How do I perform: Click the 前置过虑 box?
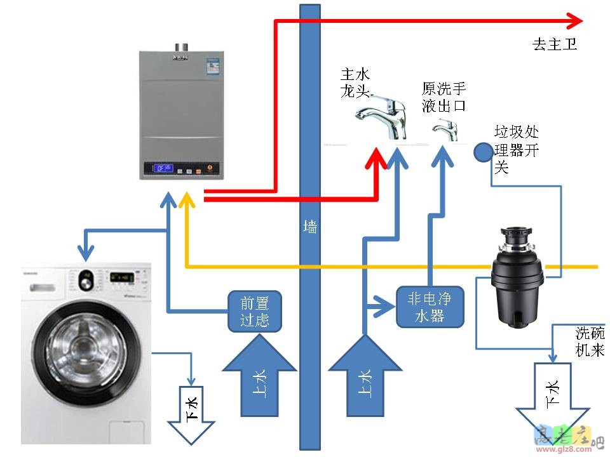click(x=254, y=311)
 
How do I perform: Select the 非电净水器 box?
click(x=430, y=307)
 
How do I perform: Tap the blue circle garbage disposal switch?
click(x=484, y=152)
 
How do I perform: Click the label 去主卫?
click(x=554, y=44)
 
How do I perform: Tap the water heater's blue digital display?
click(x=163, y=168)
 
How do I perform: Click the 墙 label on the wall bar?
click(x=310, y=227)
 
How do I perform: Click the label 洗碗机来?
click(x=590, y=341)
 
